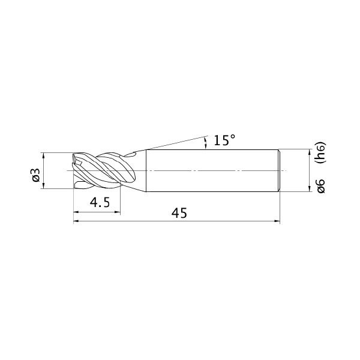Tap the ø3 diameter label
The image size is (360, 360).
(x=37, y=175)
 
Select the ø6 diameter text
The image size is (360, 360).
(x=321, y=186)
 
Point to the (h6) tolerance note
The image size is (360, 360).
(x=321, y=152)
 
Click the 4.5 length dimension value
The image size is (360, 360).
(x=100, y=203)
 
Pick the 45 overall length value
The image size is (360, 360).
(x=179, y=213)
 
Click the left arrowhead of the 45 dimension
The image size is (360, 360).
(x=76, y=221)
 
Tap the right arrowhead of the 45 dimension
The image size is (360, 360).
(x=277, y=221)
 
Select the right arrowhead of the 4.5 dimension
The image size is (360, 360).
(x=118, y=212)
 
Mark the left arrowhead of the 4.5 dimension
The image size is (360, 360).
(x=76, y=212)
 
